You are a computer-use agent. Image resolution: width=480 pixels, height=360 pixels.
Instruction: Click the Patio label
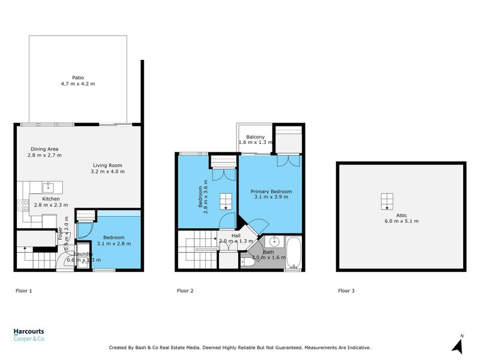[78, 77]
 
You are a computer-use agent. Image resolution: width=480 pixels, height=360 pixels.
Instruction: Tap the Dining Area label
[45, 149]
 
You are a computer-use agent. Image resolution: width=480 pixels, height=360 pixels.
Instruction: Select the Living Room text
[108, 165]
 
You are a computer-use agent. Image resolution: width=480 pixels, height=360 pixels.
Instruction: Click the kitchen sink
[50, 187]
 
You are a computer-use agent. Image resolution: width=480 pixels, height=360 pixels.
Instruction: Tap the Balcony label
[255, 137]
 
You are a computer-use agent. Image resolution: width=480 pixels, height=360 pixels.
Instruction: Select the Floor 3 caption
[346, 291]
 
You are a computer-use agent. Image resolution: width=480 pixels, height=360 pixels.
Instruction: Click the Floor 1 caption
[23, 291]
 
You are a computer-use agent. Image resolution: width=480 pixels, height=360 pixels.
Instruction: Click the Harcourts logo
[29, 335]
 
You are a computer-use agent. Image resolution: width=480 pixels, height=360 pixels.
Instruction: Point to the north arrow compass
[458, 344]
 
